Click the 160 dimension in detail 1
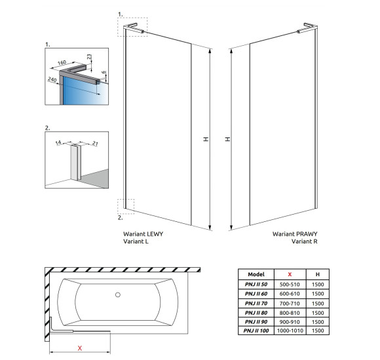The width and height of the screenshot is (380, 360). tap(62, 62)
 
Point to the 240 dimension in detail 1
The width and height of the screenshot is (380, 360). tap(52, 79)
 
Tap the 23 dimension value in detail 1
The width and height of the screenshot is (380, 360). tap(89, 57)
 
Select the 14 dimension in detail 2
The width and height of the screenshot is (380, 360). tap(58, 143)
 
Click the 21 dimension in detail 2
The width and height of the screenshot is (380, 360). tap(95, 143)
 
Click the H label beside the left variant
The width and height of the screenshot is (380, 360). tap(206, 139)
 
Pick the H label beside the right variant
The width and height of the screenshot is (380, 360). tap(227, 139)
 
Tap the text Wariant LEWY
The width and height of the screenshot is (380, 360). tap(143, 234)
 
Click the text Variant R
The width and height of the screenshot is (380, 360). tap(305, 242)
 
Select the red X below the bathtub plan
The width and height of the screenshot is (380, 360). tap(80, 348)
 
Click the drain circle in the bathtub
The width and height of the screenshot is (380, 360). tap(118, 295)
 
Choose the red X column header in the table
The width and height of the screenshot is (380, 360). tap(290, 274)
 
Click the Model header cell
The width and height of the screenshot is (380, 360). tap(256, 274)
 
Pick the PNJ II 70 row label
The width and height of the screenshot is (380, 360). tap(256, 303)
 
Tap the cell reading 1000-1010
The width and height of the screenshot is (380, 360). tap(290, 331)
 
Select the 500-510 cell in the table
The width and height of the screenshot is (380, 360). tap(290, 284)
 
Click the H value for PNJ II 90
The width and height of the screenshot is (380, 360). tap(318, 322)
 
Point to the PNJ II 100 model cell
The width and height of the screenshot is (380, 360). tap(256, 331)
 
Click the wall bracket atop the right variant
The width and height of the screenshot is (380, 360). tap(307, 27)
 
